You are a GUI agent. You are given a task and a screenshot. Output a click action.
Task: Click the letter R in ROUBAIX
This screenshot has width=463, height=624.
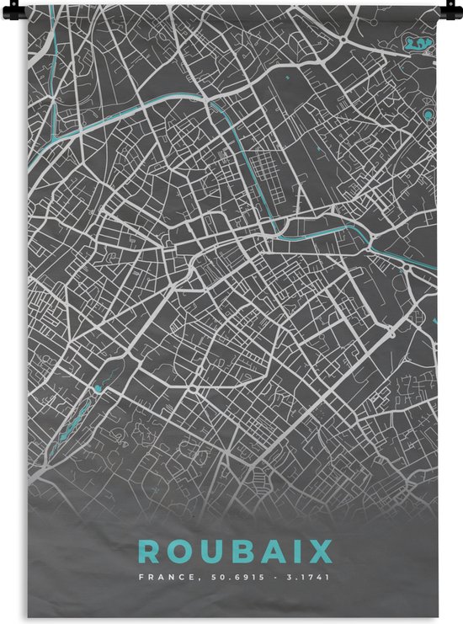pos(148,552)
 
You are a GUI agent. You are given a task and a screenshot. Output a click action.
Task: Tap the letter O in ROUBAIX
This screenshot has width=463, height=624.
pos(180,552)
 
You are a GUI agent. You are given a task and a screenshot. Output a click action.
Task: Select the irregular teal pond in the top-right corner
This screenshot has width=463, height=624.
pos(416,41)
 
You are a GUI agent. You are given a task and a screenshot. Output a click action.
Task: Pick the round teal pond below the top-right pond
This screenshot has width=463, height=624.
pos(428,113)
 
